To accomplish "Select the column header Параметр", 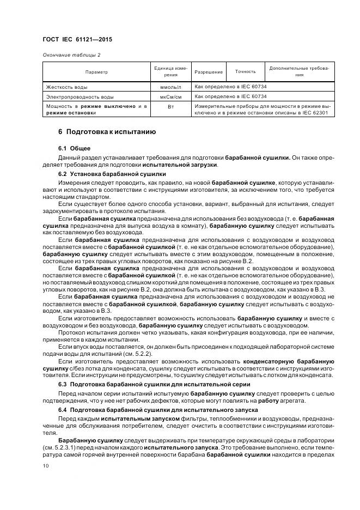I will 96,72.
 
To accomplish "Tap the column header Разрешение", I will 209,72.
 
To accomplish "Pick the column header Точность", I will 245,71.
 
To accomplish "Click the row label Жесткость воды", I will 67,87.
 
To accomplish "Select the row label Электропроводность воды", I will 80,96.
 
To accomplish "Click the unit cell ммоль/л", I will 170,87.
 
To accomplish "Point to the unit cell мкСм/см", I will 170,96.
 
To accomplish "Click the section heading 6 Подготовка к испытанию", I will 107,132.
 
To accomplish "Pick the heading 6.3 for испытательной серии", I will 154,384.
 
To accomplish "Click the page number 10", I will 45,465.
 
